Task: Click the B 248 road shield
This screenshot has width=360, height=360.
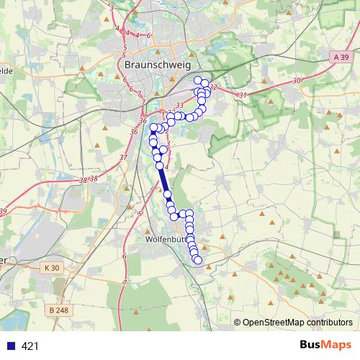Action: click(63, 310)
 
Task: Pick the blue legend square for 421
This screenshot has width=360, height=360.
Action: click(10, 346)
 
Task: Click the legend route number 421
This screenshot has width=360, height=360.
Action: click(30, 346)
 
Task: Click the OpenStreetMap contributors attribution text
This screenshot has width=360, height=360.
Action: click(297, 322)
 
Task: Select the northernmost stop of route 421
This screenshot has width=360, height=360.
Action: click(198, 80)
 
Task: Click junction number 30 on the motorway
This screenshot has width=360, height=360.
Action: click(297, 81)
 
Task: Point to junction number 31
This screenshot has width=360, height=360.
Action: click(243, 95)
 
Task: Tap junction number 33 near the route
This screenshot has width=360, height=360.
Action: click(179, 105)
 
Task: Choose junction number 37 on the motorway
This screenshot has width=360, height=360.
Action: click(124, 157)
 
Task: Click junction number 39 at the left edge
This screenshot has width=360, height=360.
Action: click(3, 211)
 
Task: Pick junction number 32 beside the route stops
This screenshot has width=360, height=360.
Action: click(213, 87)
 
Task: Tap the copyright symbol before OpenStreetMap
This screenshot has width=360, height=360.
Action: click(237, 322)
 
